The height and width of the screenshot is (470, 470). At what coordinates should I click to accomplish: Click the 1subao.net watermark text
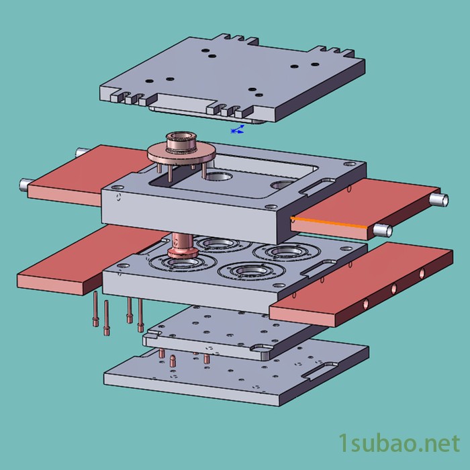pos(399,444)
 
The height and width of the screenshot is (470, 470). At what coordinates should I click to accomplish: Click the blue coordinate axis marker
pos(238,130)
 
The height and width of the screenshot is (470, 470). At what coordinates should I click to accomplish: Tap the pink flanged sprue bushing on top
pos(181,148)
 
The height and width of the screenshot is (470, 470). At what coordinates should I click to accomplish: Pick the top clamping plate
pos(232,79)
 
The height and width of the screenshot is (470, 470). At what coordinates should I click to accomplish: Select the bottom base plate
pos(237,375)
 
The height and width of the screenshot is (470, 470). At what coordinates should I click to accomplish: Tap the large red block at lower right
pos(361,285)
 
